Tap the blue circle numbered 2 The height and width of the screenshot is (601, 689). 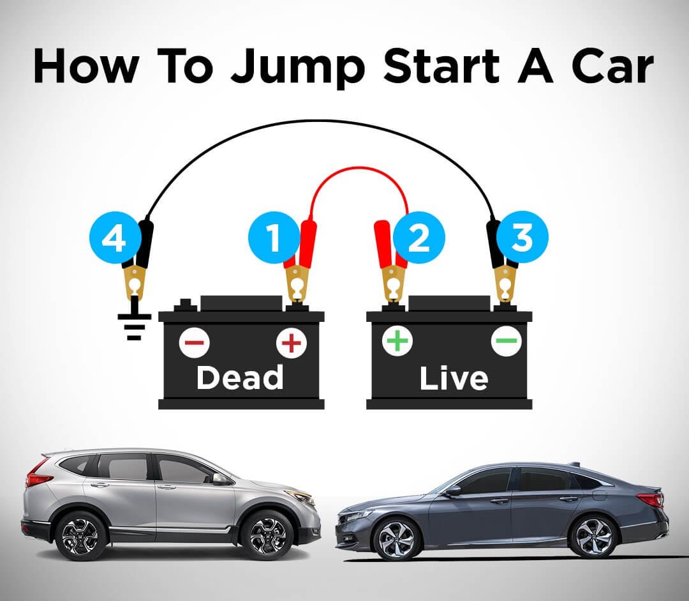[419, 237]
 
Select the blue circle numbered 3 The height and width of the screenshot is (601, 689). [522, 237]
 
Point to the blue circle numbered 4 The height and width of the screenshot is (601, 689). [115, 239]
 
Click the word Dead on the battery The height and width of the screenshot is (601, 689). [240, 377]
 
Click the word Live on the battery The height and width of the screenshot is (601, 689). [454, 378]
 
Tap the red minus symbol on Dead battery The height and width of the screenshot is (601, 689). [194, 343]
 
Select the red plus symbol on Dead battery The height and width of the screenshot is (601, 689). [292, 343]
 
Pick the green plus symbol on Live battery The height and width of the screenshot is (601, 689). [397, 340]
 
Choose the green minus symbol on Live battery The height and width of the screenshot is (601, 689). [506, 340]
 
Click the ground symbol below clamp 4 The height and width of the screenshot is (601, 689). [134, 319]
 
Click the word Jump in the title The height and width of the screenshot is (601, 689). [298, 67]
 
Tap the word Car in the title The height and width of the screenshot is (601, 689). [612, 66]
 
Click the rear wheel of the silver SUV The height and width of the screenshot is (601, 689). [81, 536]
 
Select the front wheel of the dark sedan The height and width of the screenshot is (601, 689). [396, 538]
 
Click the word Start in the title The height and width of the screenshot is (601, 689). [441, 66]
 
